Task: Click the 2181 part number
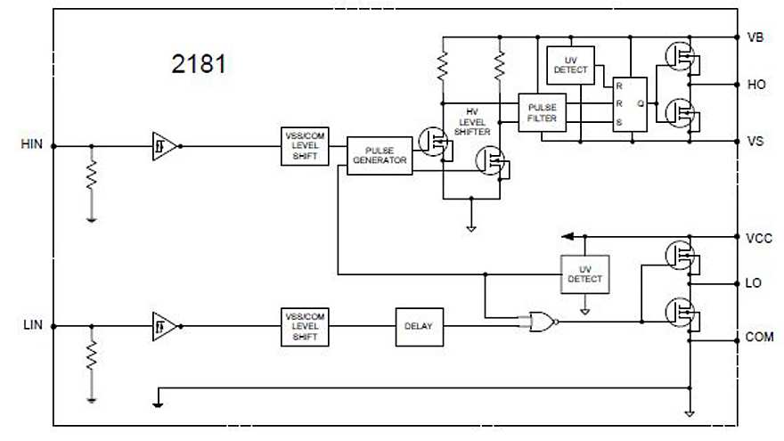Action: [199, 65]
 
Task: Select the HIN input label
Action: [31, 143]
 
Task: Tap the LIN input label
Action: [32, 325]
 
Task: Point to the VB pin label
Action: [754, 37]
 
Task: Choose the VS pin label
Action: [754, 141]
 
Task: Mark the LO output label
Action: [754, 284]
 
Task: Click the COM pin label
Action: [758, 339]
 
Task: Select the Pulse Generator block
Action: [380, 156]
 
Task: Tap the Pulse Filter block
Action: [542, 112]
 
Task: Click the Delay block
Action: [419, 326]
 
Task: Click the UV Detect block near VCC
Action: [584, 274]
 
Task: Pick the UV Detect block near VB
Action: [569, 65]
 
